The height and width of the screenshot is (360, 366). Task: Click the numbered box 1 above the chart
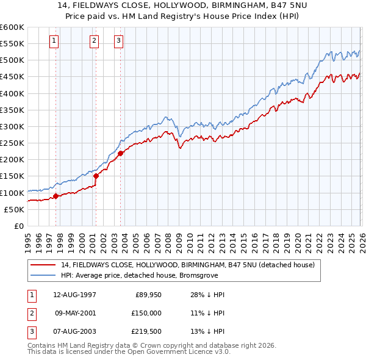pos(54,41)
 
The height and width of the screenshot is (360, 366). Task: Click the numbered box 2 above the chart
pos(95,41)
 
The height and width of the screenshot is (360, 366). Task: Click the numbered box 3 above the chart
pos(118,41)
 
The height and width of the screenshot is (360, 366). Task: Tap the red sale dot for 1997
pos(56,196)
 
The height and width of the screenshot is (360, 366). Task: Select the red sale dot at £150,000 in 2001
pos(96,176)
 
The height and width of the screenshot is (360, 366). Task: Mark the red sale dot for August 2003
pos(120,153)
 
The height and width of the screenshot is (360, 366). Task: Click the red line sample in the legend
pos(43,265)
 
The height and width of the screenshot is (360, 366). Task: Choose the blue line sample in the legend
pos(43,275)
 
